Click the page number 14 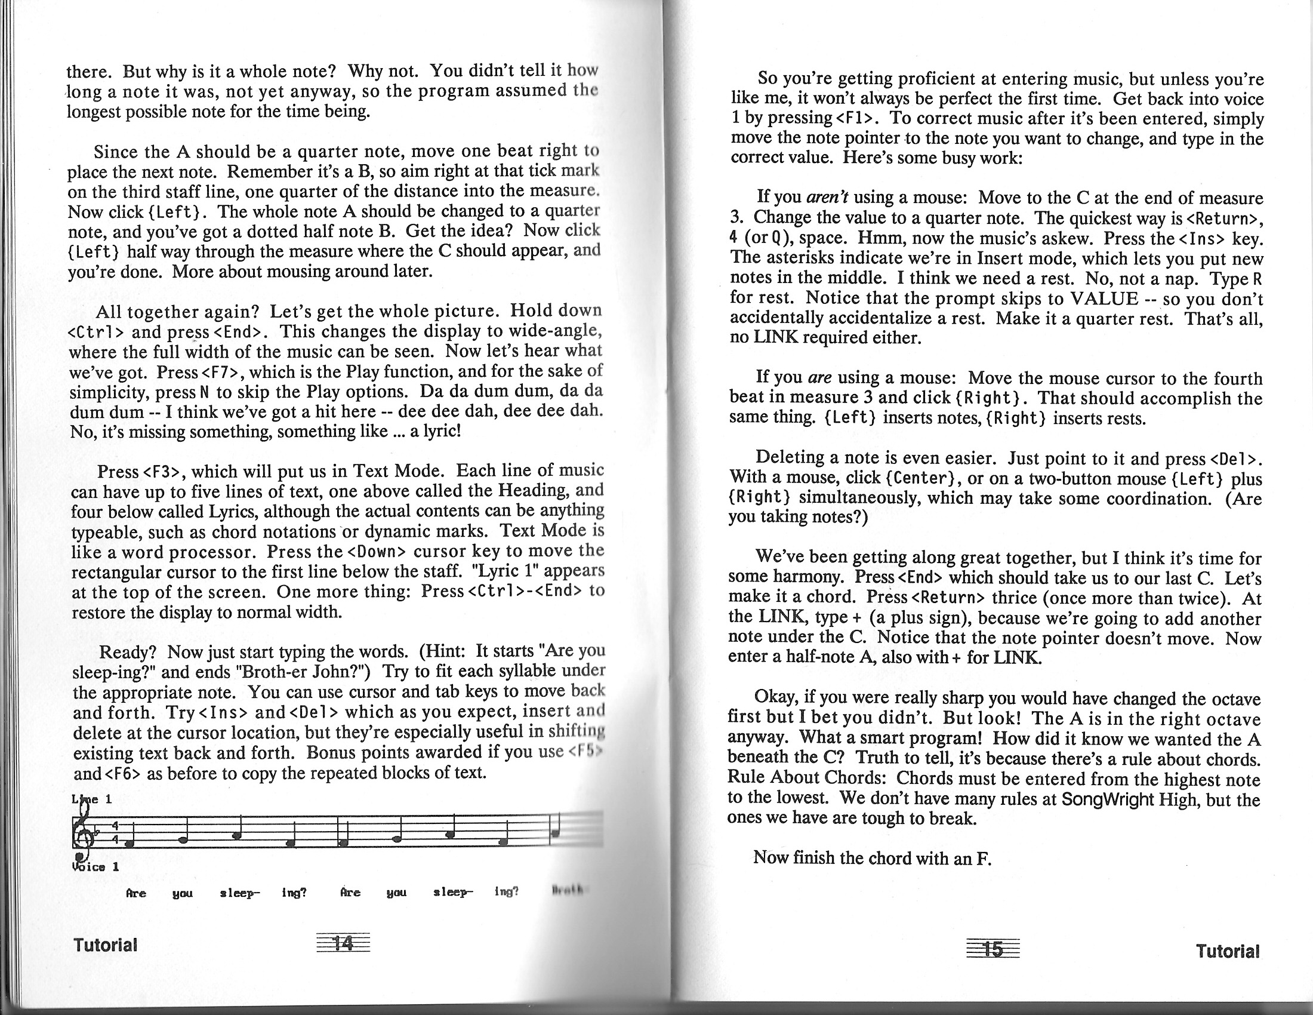click(342, 943)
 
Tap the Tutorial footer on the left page click(105, 945)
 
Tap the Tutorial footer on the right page click(1227, 951)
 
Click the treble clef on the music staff click(81, 833)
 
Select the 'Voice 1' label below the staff click(95, 867)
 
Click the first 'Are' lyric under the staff click(136, 894)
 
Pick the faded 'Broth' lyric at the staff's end click(565, 891)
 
